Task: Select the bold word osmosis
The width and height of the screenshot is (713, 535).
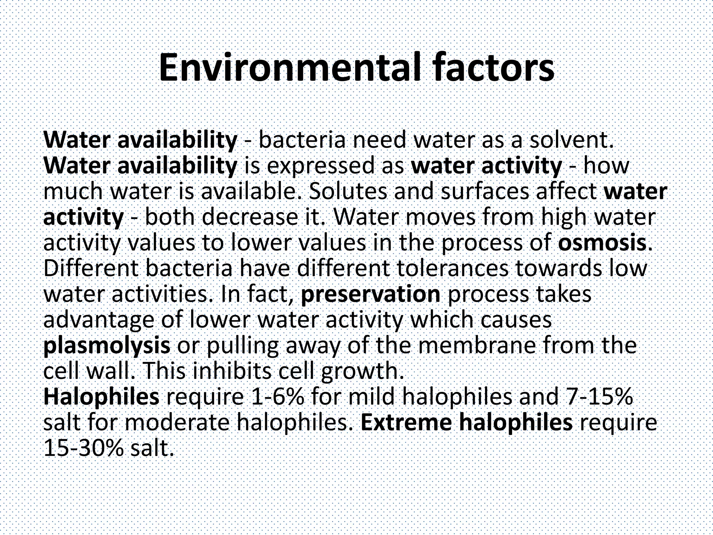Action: tap(604, 243)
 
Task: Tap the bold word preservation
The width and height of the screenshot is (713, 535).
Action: tap(370, 294)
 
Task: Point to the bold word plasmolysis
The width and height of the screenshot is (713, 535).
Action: tap(107, 346)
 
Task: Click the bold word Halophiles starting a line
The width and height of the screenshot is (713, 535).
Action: tap(101, 397)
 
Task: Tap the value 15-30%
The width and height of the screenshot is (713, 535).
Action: tap(84, 448)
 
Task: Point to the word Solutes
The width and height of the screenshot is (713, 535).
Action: tap(348, 192)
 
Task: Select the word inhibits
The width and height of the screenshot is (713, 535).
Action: tap(232, 371)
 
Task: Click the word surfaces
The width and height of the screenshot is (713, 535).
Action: tap(484, 192)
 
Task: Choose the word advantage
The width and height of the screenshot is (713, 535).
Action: tap(99, 320)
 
